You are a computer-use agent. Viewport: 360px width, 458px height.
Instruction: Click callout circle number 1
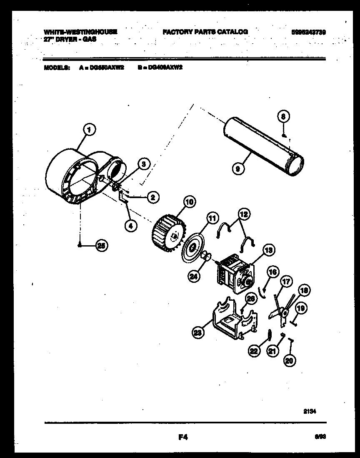[x=88, y=130]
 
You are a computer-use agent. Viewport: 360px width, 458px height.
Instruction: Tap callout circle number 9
[x=238, y=168]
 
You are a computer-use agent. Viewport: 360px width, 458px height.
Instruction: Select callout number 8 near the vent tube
[x=283, y=117]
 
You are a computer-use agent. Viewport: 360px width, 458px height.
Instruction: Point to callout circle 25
[x=100, y=245]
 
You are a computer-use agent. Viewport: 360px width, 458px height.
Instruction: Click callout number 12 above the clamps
[x=244, y=214]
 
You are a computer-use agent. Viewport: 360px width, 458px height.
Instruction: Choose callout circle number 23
[x=198, y=332]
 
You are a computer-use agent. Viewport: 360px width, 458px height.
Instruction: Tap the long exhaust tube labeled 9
[x=262, y=148]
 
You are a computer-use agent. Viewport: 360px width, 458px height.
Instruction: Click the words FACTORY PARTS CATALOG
[x=205, y=32]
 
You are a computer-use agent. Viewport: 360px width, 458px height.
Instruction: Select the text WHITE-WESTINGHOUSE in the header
[x=80, y=32]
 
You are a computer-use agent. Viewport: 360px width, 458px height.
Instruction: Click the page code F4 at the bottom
[x=183, y=438]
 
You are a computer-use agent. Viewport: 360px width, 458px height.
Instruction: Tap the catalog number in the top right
[x=308, y=32]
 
